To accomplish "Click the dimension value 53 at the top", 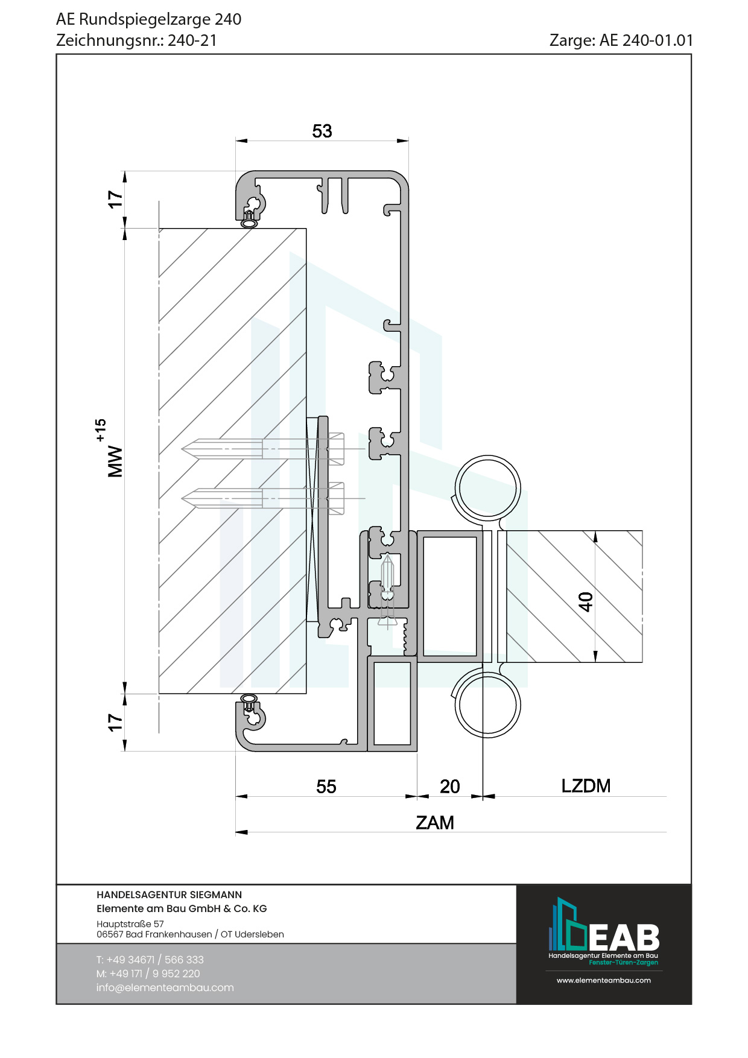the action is (322, 131).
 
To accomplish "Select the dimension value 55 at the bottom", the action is (326, 787).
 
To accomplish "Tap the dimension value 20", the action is (450, 787).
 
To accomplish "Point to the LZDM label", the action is (586, 786).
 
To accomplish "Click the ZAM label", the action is (435, 823).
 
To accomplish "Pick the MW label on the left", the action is (115, 462).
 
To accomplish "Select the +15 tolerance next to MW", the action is (100, 430).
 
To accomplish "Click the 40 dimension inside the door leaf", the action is (585, 601).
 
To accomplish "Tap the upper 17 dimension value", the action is (115, 200).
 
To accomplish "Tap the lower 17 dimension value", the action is (115, 723).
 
